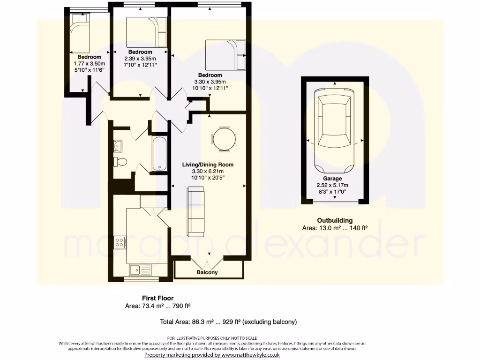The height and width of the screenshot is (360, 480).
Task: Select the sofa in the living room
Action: coord(195,211)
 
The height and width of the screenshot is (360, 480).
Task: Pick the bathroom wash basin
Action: coord(117,146)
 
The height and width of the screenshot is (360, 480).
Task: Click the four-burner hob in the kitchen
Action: coord(120,242)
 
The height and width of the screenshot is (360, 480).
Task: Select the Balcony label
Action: coord(207,272)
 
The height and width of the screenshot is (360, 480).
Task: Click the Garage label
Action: coord(332,179)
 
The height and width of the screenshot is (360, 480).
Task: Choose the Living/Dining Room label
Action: coord(208,165)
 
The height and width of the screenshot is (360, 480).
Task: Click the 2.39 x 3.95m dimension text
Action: coord(140,59)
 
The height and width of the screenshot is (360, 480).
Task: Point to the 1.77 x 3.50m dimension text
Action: coord(90,64)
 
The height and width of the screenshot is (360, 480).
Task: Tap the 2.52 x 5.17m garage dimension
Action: coord(332,185)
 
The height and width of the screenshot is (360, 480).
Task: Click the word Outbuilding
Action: coord(335,220)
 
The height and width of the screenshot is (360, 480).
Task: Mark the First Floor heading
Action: coord(157,298)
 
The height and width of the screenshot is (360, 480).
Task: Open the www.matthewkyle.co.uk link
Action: coord(246,355)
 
